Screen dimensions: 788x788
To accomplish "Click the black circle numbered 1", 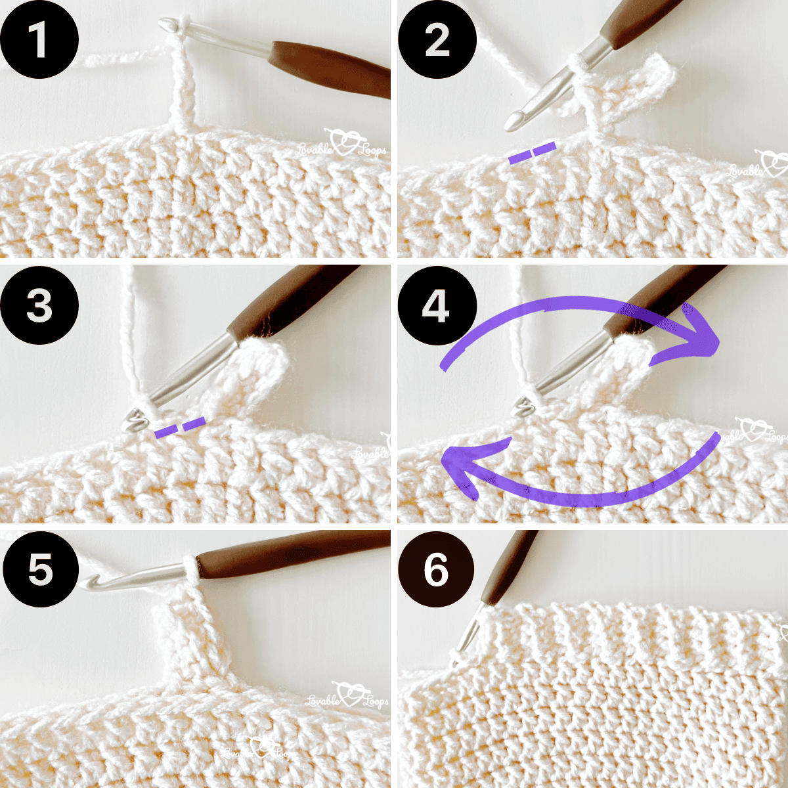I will [39, 41].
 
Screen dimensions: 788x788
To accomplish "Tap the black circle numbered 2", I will [437, 41].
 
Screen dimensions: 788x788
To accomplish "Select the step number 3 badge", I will [39, 306].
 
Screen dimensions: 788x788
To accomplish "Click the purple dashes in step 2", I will [533, 153].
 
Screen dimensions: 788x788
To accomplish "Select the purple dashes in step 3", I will [180, 427].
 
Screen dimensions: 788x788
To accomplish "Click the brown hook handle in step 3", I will [289, 299].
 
